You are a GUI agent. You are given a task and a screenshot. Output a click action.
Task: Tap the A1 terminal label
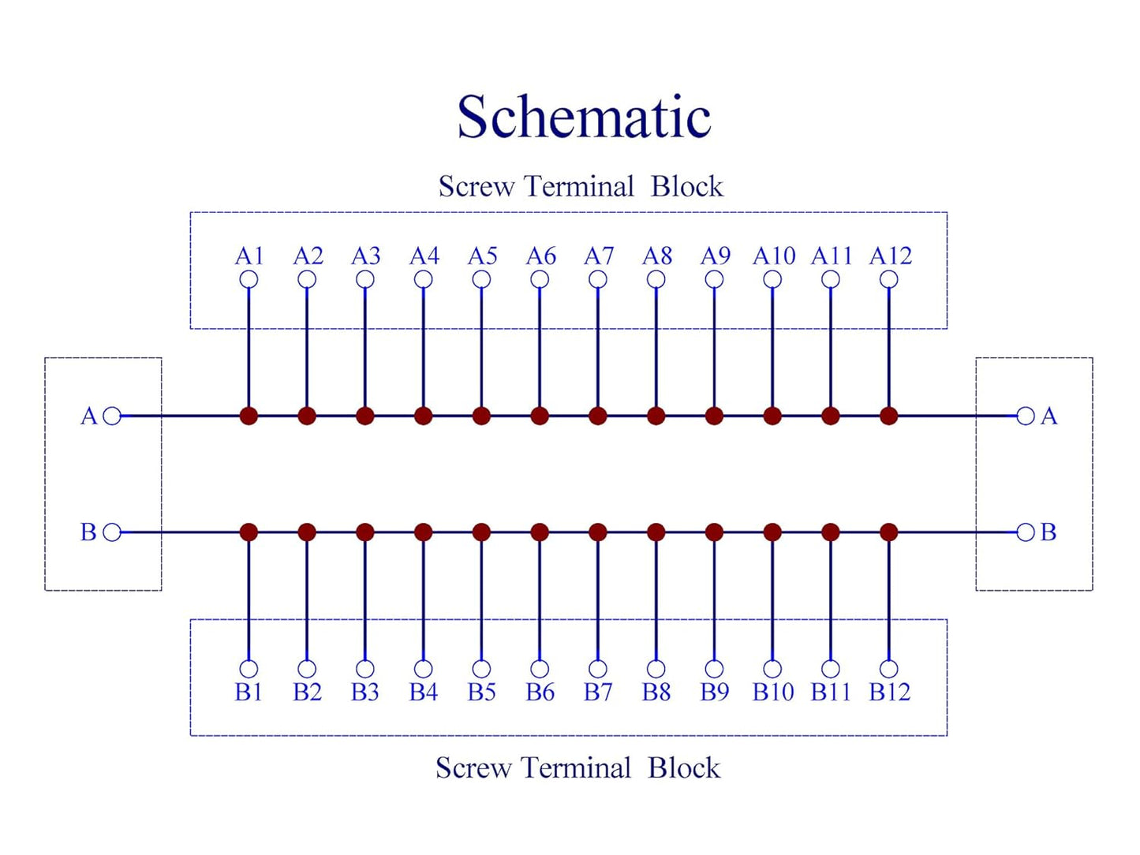click(249, 256)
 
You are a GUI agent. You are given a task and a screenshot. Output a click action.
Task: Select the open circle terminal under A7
click(598, 280)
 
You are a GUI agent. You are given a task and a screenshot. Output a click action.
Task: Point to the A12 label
click(890, 256)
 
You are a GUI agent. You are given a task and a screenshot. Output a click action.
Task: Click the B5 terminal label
click(481, 692)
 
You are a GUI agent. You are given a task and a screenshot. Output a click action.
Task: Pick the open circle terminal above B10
click(773, 668)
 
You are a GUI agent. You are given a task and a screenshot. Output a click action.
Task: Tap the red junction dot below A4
click(424, 416)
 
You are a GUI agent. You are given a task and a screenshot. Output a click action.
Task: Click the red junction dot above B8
click(656, 532)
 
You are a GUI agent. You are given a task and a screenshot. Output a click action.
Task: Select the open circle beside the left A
click(112, 416)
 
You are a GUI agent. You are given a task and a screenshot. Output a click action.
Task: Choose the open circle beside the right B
click(1026, 532)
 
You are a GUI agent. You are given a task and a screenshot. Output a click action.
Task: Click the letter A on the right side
click(1049, 416)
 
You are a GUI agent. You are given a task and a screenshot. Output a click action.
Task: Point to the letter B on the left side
click(88, 532)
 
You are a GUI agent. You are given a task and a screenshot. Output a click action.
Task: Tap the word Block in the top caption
click(686, 186)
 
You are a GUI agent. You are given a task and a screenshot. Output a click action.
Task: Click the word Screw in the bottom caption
click(473, 767)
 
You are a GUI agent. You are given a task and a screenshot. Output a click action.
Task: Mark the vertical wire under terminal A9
click(715, 348)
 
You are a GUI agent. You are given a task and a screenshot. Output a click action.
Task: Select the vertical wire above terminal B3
click(365, 600)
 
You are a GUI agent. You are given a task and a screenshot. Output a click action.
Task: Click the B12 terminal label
click(890, 692)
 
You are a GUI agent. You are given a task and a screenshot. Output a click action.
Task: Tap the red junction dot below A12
click(889, 416)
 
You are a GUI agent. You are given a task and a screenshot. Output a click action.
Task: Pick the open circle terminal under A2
click(307, 280)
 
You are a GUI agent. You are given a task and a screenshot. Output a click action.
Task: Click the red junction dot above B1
click(249, 532)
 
